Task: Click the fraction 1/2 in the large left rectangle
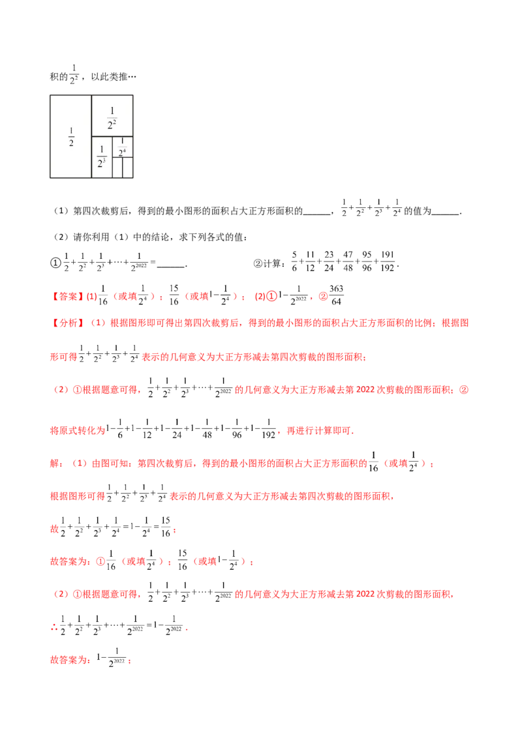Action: (71, 138)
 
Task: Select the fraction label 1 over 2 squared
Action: (112, 118)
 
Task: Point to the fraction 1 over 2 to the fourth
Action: (121, 148)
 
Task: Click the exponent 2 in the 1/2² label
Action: (115, 121)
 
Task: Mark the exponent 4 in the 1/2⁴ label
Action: (124, 151)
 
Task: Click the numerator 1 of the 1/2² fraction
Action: (112, 111)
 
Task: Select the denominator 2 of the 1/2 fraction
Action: (71, 143)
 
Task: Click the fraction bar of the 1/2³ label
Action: (101, 157)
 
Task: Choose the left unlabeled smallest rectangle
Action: (117, 168)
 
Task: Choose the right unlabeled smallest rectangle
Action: (129, 168)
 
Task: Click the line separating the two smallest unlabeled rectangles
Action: (123, 168)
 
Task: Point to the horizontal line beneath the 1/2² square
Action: (112, 136)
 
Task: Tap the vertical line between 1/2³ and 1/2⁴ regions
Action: (112, 147)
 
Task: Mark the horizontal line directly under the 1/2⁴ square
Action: (123, 157)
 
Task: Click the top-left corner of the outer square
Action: (49, 95)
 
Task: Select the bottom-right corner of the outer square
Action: (134, 178)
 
